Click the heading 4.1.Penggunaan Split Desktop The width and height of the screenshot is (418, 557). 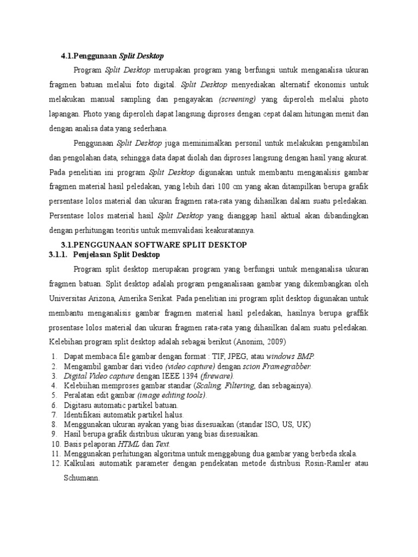pos(112,56)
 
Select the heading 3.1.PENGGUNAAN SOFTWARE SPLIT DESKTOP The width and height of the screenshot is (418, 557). pos(152,245)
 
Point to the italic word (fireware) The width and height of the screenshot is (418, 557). pos(217,376)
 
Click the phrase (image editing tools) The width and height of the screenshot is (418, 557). pos(172,395)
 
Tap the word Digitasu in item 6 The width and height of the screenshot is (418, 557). pos(78,405)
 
